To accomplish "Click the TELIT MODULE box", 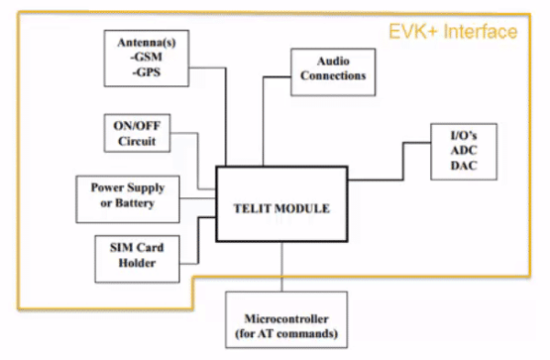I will (x=280, y=204).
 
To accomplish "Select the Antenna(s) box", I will (x=146, y=57).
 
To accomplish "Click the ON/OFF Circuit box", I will (x=137, y=135).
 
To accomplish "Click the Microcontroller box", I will (x=287, y=326).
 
